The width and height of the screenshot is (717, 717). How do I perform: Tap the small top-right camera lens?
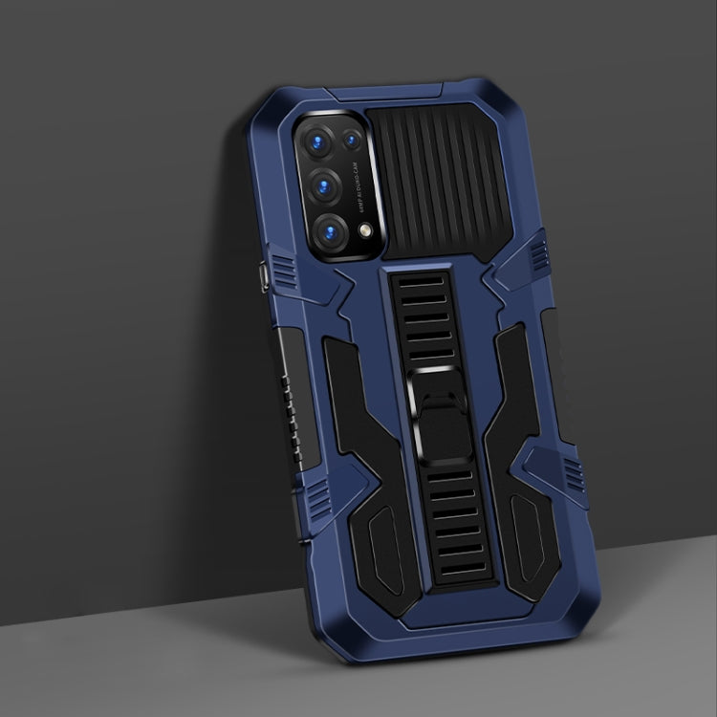[x=352, y=141]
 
